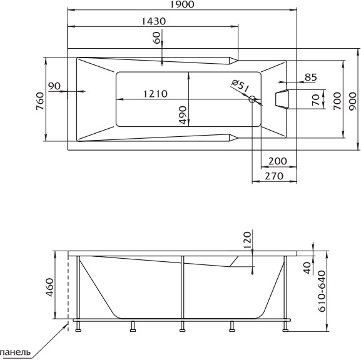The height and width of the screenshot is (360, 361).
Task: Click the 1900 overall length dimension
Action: pos(182,4)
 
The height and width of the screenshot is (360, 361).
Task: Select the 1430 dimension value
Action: pos(153,21)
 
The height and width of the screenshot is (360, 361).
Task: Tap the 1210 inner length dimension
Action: pos(155,94)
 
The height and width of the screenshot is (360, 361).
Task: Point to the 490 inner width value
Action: pos(183,115)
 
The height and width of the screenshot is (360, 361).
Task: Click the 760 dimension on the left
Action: pos(40,101)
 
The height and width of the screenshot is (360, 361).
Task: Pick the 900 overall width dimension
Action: pos(352,101)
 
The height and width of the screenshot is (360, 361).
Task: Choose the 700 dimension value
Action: pos(337,101)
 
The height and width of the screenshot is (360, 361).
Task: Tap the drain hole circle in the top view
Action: pos(252,99)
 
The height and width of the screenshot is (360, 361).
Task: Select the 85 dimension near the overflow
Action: pos(310,77)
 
